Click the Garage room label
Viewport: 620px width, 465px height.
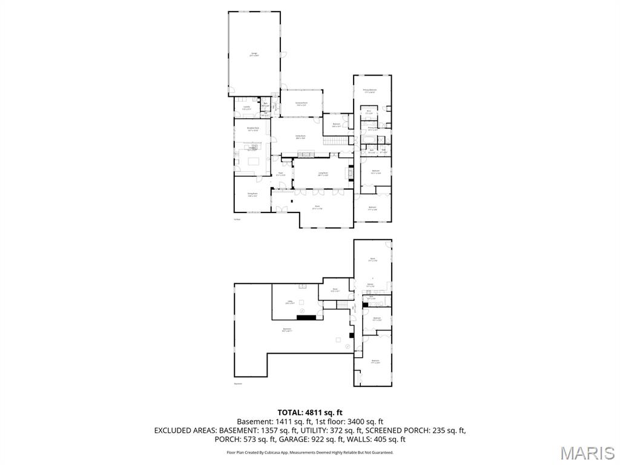(x=254, y=54)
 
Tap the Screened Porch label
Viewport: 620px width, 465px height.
(x=302, y=104)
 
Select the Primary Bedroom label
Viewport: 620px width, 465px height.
(x=370, y=91)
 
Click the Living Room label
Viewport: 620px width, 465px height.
(x=323, y=173)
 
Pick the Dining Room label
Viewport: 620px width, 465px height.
(x=252, y=194)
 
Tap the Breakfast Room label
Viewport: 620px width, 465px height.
(x=252, y=128)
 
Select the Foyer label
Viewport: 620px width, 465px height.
(x=281, y=174)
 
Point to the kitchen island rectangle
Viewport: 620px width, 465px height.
(x=252, y=161)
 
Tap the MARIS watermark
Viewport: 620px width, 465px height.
(x=587, y=453)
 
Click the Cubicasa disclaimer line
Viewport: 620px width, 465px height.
(x=310, y=452)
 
